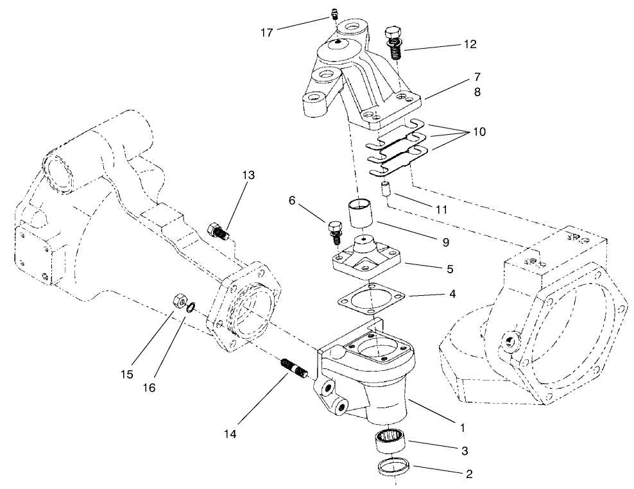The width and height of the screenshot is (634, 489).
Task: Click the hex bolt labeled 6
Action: [x=334, y=232]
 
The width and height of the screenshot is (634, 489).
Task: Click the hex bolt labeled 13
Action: [x=217, y=230]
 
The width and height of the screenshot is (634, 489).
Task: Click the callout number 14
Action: [x=230, y=434]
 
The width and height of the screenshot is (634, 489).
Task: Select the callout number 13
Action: [x=248, y=176]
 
